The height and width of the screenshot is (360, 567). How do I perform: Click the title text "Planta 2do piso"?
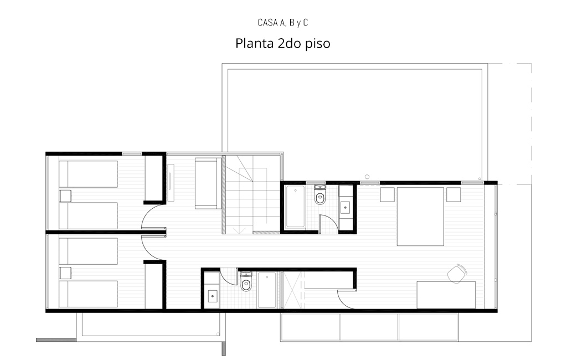tap(283, 43)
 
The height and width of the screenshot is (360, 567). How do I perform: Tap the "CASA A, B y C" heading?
tap(283, 23)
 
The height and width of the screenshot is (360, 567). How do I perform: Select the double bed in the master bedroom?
tap(420, 217)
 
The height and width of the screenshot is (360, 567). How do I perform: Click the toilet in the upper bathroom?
tap(320, 194)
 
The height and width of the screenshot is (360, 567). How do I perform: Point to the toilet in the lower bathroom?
tap(246, 281)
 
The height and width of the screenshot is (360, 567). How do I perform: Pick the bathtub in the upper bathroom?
tap(296, 207)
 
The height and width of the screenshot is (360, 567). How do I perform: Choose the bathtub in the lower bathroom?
tap(267, 290)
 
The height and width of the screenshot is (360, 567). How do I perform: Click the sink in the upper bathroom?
tap(346, 207)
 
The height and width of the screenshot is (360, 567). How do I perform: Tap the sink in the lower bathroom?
tap(212, 296)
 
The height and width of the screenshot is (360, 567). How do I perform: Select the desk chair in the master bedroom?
tap(457, 274)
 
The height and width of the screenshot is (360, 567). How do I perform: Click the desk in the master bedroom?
tap(446, 295)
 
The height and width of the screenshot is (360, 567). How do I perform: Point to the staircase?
tap(252, 194)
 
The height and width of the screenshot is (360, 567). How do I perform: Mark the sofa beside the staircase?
tap(208, 183)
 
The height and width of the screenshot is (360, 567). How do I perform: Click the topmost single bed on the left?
tap(88, 174)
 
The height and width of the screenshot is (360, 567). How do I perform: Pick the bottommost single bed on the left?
tap(88, 294)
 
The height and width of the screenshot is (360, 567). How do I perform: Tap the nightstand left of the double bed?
tap(387, 194)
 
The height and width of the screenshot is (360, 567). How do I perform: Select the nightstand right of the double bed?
tap(453, 194)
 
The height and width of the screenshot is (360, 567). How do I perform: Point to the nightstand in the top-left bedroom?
tap(65, 196)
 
